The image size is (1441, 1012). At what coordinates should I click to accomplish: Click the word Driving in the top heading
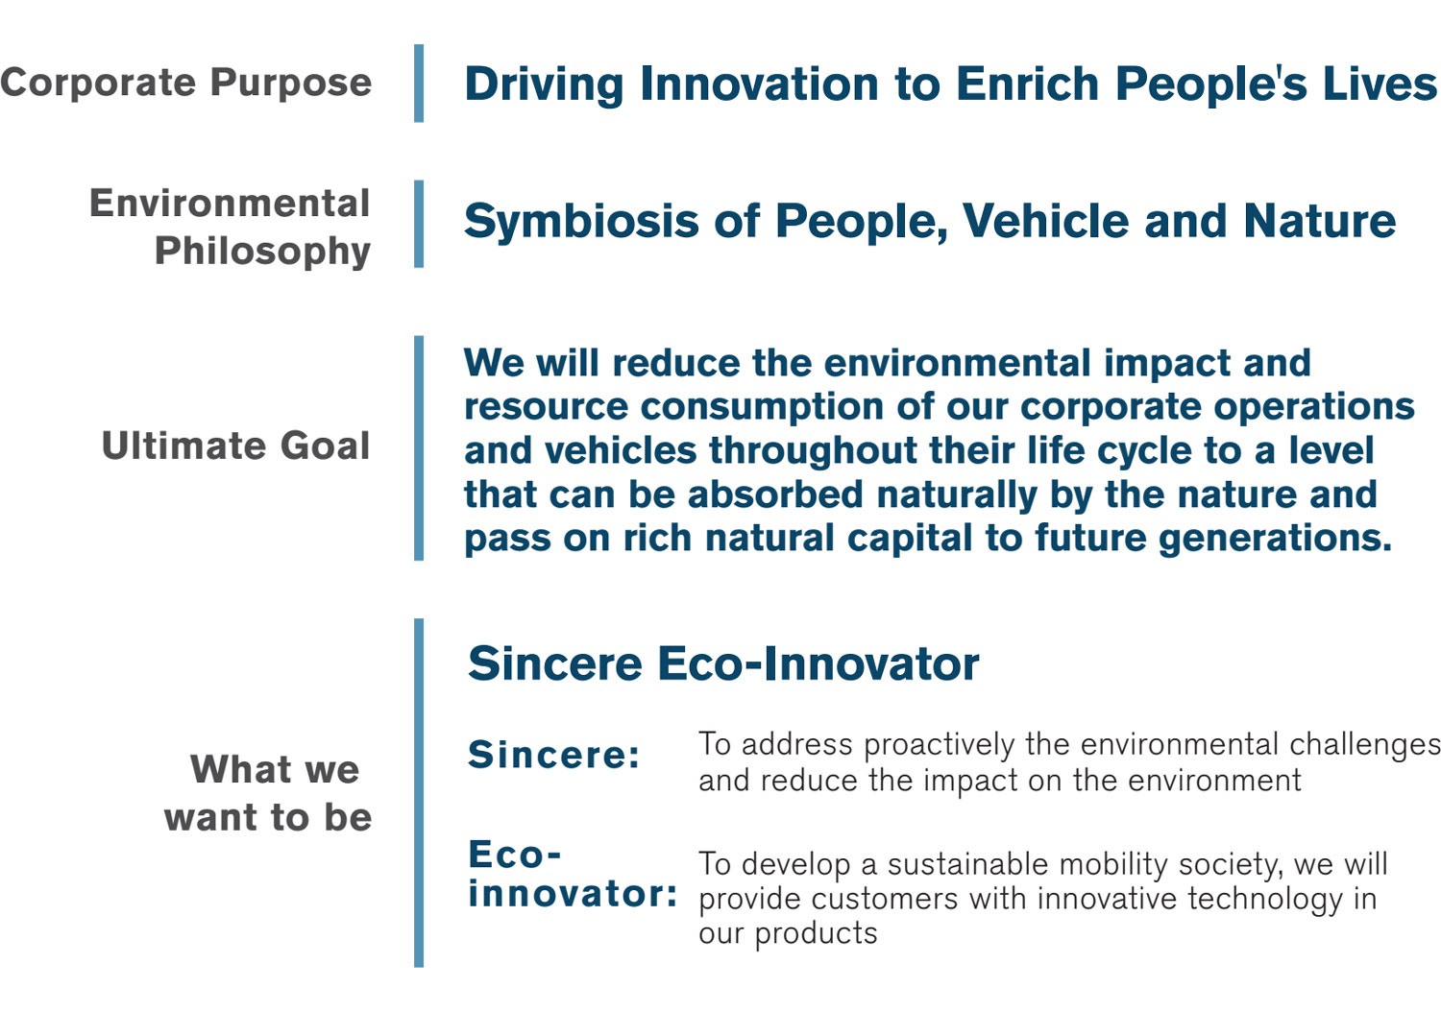point(545,84)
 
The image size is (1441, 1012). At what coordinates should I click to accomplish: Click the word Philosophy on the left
point(262,251)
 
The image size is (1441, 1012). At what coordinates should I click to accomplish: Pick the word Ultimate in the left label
point(183,445)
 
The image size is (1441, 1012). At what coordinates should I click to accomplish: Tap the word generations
point(1275,538)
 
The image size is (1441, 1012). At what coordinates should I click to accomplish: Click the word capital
point(909,538)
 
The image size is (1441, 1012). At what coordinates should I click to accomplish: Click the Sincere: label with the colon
point(554,754)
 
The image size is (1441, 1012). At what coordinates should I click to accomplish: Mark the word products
point(816,934)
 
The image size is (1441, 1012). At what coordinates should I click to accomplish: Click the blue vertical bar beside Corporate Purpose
point(419,83)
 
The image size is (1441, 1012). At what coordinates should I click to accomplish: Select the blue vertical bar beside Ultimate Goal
point(419,448)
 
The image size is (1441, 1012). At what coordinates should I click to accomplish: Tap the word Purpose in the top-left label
point(291,84)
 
